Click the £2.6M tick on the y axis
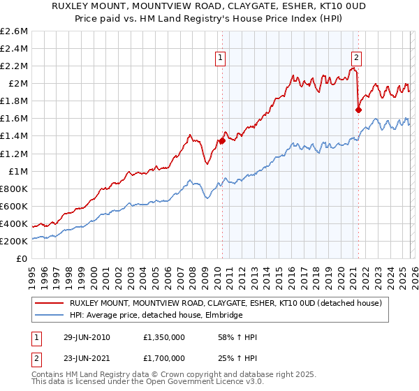pyautogui.click(x=15, y=31)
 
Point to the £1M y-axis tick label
pyautogui.click(x=18, y=171)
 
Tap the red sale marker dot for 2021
pyautogui.click(x=358, y=110)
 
